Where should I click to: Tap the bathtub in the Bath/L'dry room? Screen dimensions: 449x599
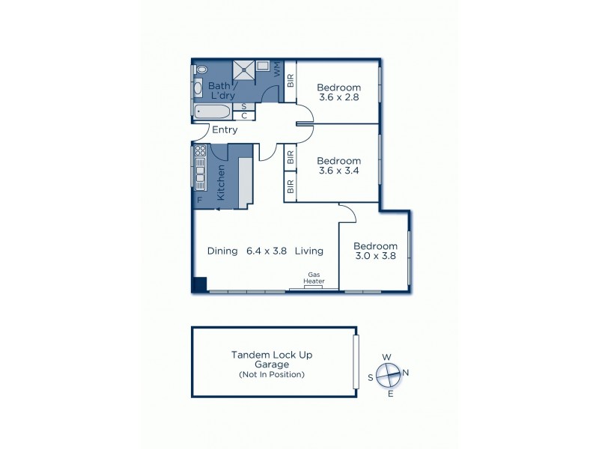213,112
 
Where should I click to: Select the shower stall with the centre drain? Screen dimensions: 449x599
244,70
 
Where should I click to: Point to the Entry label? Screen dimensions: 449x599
225,130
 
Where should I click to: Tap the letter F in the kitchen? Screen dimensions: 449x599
199,200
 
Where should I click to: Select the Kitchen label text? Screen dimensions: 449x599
221,182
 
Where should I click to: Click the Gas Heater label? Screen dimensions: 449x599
314,278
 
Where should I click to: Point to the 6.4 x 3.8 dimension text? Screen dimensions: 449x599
267,251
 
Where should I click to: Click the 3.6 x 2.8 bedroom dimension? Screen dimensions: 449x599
338,98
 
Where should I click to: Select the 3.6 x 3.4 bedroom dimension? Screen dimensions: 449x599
338,171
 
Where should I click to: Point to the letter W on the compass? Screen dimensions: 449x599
387,357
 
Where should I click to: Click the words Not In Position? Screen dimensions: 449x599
272,374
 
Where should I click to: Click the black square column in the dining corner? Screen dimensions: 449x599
199,284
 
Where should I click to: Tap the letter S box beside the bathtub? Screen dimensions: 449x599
243,107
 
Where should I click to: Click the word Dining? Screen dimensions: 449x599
222,251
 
